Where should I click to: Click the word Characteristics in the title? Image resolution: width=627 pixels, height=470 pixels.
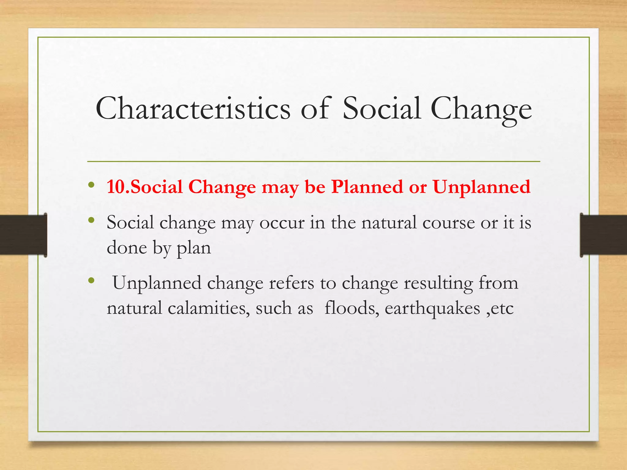click(193, 109)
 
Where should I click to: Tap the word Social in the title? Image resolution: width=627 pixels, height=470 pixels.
click(381, 109)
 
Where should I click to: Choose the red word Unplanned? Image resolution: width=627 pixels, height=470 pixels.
click(482, 187)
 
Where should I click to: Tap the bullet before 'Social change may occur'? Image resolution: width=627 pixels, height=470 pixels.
click(91, 220)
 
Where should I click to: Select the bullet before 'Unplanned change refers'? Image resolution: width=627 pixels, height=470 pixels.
click(91, 281)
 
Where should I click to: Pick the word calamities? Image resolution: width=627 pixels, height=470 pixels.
click(208, 308)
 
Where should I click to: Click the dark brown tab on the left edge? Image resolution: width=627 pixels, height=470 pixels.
click(23, 235)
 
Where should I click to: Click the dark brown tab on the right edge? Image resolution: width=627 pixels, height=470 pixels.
click(603, 235)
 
